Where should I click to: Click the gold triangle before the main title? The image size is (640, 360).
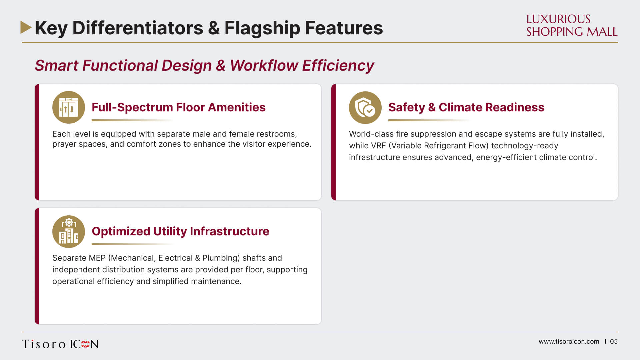click(x=26, y=27)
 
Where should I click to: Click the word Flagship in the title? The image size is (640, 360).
click(x=262, y=28)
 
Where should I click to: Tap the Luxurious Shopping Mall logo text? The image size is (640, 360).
click(x=572, y=25)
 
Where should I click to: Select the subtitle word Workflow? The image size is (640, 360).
click(x=264, y=65)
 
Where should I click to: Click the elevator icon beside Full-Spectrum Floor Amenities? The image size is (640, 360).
click(x=69, y=107)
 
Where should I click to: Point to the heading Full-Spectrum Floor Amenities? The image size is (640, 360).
click(x=179, y=107)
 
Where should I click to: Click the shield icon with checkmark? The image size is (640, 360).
click(x=365, y=107)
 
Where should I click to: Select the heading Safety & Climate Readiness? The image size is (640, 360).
click(x=466, y=107)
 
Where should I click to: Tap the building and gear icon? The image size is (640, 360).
click(x=69, y=231)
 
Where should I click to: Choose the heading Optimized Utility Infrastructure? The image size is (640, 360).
click(x=180, y=231)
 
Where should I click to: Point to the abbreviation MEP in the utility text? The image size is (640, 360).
click(x=97, y=258)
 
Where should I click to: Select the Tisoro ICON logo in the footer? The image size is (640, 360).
click(x=60, y=344)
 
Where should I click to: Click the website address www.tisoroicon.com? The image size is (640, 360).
click(x=569, y=342)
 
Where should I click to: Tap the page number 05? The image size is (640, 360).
click(x=614, y=342)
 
